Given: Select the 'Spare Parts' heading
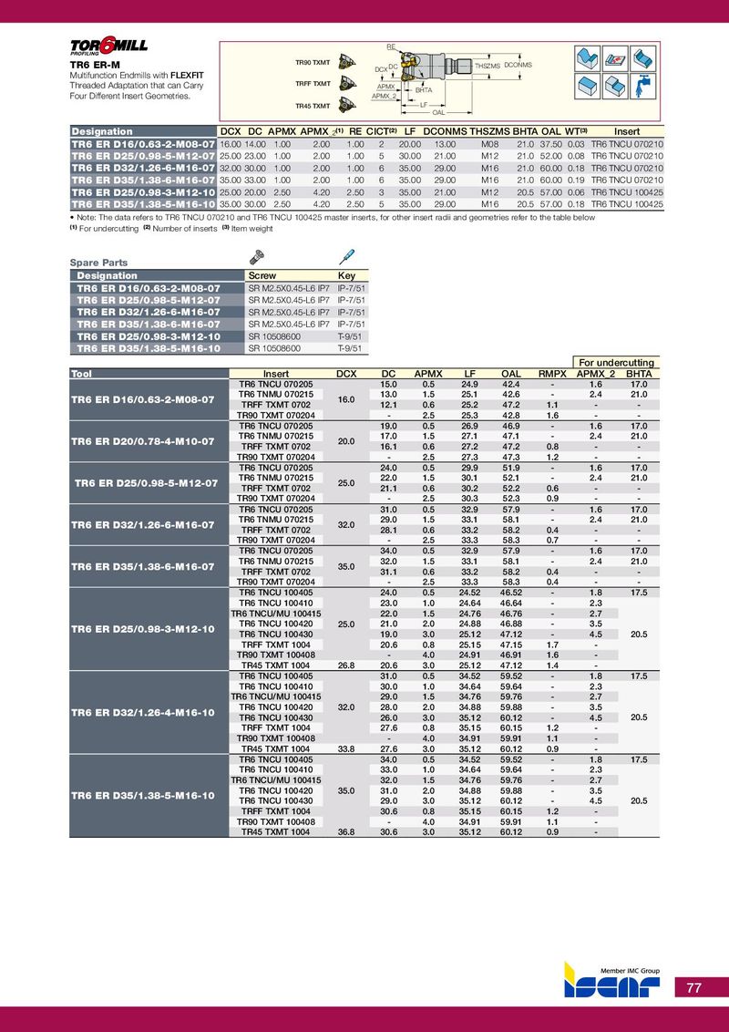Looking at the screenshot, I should tap(98, 263).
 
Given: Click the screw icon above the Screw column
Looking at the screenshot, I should tap(257, 259).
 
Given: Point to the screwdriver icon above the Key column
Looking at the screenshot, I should tap(346, 258).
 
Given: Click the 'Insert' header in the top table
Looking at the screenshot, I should tap(627, 131).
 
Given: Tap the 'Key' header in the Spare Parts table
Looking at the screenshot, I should tap(346, 275).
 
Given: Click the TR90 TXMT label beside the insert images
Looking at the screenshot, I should tap(313, 62).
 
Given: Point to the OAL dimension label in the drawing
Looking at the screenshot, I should tap(438, 112).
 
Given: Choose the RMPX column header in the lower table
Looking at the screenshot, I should tap(552, 374).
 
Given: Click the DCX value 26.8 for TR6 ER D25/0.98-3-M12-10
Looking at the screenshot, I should tap(346, 666).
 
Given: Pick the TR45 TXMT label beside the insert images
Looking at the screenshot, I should tap(313, 107).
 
